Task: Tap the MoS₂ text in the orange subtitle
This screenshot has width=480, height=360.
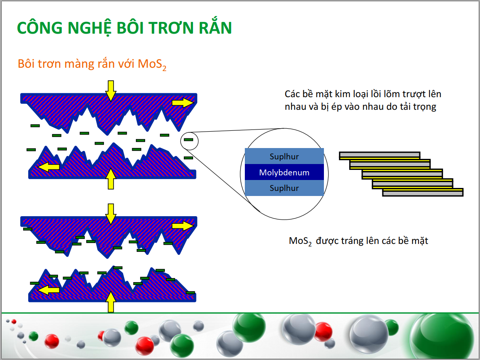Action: [152, 64]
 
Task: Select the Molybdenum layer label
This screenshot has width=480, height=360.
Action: [284, 172]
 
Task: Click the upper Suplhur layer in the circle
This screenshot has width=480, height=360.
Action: [284, 156]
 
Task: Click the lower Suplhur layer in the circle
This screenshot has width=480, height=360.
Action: [284, 188]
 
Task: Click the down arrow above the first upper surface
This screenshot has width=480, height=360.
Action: [111, 90]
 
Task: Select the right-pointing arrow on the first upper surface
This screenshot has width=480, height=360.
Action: [183, 103]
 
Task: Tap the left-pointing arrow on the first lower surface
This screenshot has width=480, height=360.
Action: [49, 167]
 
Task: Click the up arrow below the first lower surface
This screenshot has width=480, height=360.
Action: [111, 179]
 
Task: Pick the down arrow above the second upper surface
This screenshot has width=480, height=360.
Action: [111, 214]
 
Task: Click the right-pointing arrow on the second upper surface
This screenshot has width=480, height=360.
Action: [183, 226]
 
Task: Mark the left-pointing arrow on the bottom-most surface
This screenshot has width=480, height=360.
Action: [49, 290]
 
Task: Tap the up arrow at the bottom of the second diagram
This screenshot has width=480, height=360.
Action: [111, 302]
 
